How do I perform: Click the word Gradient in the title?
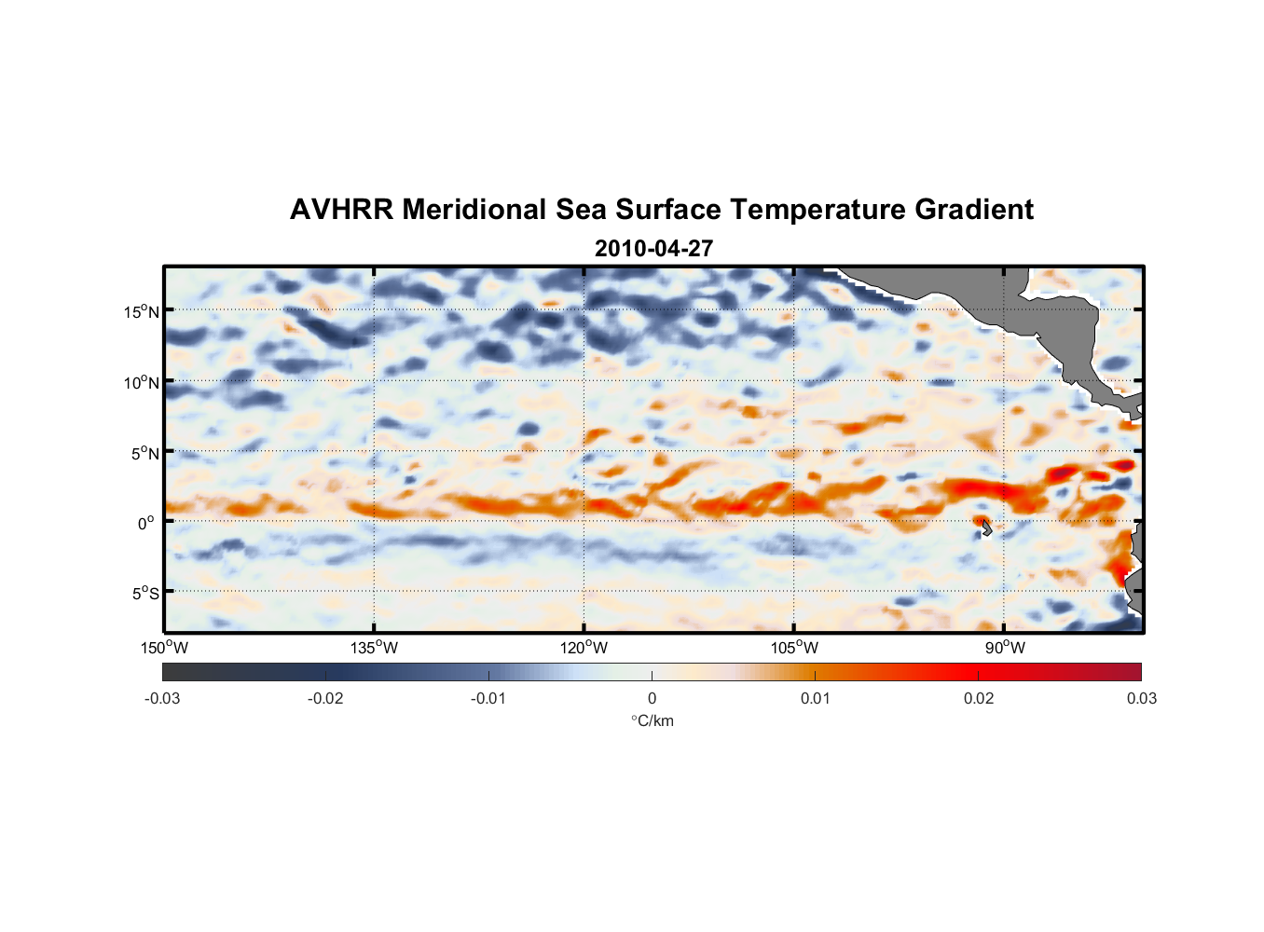coord(974,210)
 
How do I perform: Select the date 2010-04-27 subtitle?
coord(653,249)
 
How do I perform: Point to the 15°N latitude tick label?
coord(142,311)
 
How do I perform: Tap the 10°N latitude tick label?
coord(142,382)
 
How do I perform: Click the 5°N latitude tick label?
coord(145,453)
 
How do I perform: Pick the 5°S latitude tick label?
coord(145,594)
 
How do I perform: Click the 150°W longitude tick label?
coord(164,648)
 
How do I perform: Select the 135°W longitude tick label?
coord(374,648)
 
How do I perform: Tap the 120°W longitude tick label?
coord(584,648)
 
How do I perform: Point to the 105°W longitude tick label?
coord(794,648)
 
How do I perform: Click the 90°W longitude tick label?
coord(1004,648)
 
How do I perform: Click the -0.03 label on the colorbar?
coord(162,698)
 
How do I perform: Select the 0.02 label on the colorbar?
coord(979,698)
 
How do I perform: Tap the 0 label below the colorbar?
coord(652,698)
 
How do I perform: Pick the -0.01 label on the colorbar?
coord(488,698)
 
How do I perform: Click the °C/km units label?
coord(652,720)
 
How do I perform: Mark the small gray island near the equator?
coord(985,528)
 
